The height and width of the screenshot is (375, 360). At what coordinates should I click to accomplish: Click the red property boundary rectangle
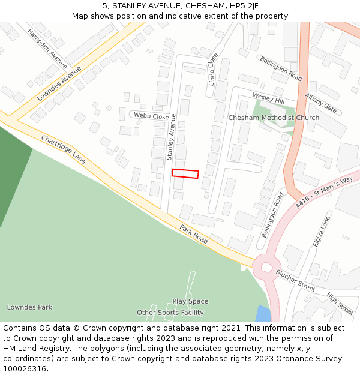pyautogui.click(x=185, y=173)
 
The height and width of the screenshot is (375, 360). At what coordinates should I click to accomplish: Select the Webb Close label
pyautogui.click(x=151, y=116)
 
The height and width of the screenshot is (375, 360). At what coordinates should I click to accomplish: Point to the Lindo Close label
pyautogui.click(x=213, y=69)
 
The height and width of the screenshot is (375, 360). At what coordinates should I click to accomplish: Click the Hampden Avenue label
pyautogui.click(x=47, y=47)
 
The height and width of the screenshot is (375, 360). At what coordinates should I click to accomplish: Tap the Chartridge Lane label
pyautogui.click(x=63, y=149)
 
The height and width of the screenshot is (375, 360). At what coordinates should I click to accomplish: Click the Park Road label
pyautogui.click(x=193, y=234)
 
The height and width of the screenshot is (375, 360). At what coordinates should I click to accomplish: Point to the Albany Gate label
pyautogui.click(x=321, y=103)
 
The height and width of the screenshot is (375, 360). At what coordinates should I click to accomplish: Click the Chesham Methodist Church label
pyautogui.click(x=274, y=118)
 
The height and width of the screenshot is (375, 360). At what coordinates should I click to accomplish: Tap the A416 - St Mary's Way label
pyautogui.click(x=325, y=193)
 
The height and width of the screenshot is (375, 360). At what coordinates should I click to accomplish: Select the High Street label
pyautogui.click(x=340, y=303)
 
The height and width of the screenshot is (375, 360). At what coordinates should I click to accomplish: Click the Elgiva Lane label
pyautogui.click(x=322, y=232)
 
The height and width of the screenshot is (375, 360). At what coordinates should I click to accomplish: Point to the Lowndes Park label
pyautogui.click(x=29, y=307)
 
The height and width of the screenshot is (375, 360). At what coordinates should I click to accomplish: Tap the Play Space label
pyautogui.click(x=190, y=301)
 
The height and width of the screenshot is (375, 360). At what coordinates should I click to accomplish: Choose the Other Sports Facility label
pyautogui.click(x=170, y=313)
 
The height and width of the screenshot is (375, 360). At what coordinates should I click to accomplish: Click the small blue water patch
pyautogui.click(x=263, y=314)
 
